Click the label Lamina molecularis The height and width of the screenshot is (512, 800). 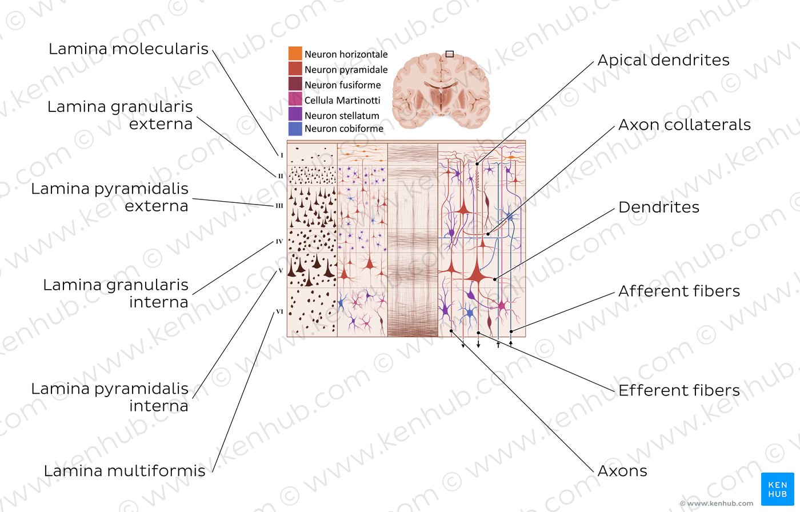128,49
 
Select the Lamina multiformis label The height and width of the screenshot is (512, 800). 125,471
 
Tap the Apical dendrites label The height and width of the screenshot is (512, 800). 663,61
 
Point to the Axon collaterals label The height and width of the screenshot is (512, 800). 685,125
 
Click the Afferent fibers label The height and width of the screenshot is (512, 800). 679,291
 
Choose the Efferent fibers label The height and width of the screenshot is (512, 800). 679,390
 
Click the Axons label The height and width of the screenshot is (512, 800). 622,471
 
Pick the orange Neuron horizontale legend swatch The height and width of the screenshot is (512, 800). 295,53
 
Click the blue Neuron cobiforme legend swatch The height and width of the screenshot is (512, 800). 295,129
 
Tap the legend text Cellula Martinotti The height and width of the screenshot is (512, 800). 342,101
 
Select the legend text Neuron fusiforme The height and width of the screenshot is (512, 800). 342,85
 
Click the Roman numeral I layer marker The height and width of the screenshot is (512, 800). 282,155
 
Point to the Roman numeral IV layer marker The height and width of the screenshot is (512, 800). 279,242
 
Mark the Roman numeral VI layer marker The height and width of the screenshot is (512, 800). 279,311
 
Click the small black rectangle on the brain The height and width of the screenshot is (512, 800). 450,54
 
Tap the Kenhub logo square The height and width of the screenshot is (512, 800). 778,489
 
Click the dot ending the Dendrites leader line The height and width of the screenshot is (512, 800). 495,279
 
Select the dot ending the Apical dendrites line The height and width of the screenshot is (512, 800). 477,164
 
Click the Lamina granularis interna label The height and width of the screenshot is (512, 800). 115,294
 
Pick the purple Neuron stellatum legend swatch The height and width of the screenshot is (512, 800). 295,114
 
